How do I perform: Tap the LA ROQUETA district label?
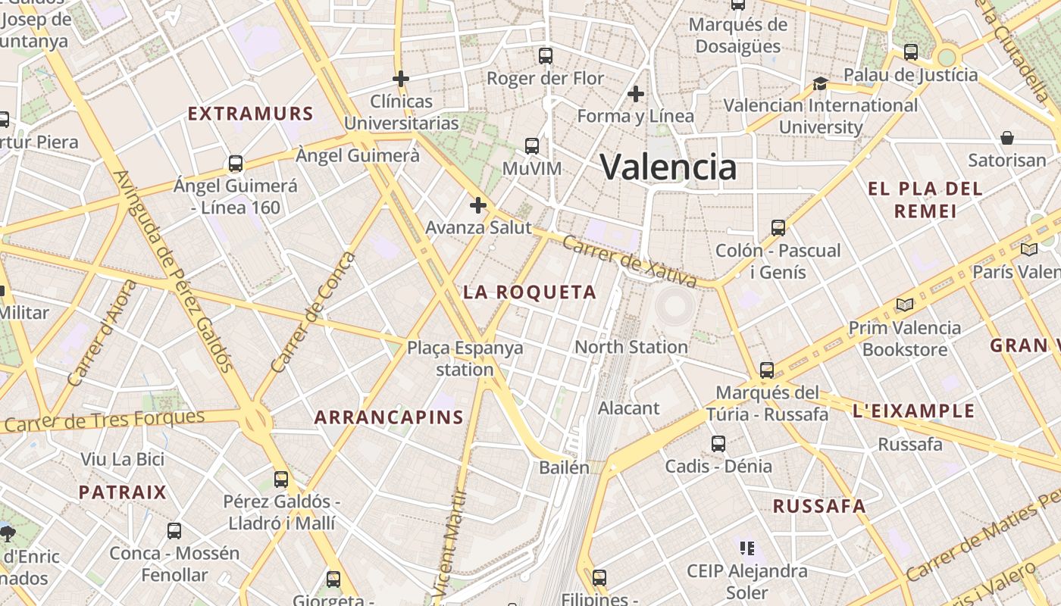(x=530, y=292)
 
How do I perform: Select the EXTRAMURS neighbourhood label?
(x=250, y=114)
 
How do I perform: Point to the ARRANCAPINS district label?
(x=389, y=417)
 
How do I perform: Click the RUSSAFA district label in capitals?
(x=818, y=507)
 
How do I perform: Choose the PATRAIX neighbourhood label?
(x=123, y=492)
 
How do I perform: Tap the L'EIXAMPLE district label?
(x=914, y=411)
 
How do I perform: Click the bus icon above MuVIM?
(x=532, y=145)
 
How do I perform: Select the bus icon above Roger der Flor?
(x=546, y=55)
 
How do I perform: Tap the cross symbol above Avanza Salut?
(x=478, y=205)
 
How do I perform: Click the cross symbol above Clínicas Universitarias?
(x=401, y=78)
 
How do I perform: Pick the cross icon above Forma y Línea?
(x=636, y=94)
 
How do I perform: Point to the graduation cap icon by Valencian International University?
(x=820, y=83)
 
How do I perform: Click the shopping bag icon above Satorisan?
(x=1007, y=138)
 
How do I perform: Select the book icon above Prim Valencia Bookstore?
(x=904, y=305)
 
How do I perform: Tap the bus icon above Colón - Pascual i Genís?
(x=778, y=227)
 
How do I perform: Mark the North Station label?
(x=631, y=347)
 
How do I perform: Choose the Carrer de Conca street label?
(x=312, y=312)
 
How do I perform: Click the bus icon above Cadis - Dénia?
(x=718, y=444)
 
